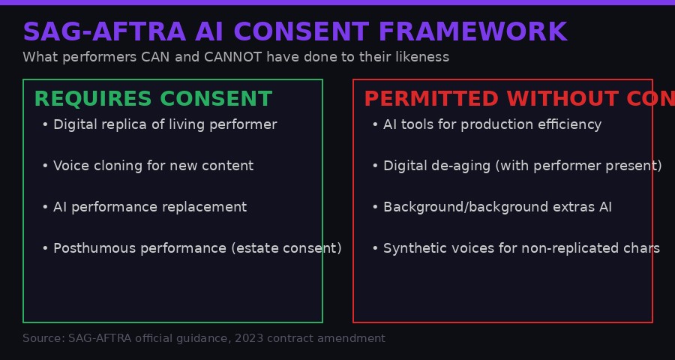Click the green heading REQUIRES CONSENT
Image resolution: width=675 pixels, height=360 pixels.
[x=153, y=99]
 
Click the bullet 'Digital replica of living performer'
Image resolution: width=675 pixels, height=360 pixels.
[x=165, y=124]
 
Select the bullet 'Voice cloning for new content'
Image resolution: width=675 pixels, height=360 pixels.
[x=153, y=166]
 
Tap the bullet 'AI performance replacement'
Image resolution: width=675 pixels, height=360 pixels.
[x=150, y=207]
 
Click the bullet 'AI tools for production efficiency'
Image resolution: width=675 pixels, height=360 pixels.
[x=492, y=124]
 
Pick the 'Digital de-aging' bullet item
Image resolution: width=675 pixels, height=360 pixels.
[x=522, y=166]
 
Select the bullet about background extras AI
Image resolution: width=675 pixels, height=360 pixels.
[x=497, y=207]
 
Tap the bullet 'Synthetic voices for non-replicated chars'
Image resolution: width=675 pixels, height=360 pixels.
[x=521, y=248]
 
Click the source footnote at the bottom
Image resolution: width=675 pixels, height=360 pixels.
[x=204, y=338]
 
